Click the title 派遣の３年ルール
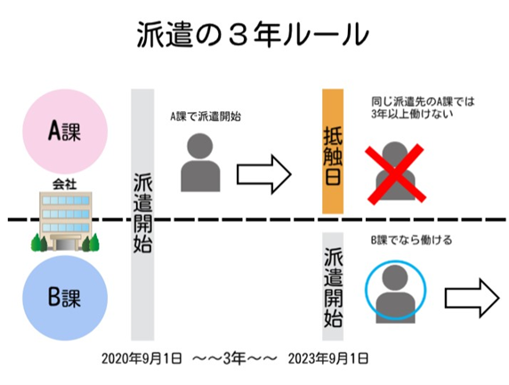253,35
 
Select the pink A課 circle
65,132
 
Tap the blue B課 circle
65,298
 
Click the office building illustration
65,221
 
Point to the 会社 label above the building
65,184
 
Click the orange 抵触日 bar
333,151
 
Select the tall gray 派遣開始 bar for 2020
142,214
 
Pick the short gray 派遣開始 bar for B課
333,286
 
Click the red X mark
395,173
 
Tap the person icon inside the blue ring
395,293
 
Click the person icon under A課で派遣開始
200,162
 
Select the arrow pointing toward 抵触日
264,174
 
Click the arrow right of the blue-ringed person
472,298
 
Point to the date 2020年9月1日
141,358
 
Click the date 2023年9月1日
328,358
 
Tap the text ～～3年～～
235,358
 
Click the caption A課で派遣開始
206,116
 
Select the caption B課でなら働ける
411,240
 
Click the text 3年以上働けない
412,114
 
